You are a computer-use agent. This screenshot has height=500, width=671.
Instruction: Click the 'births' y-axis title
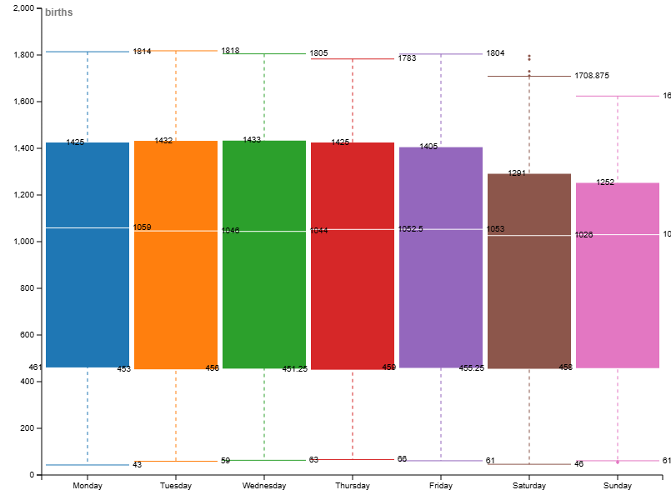(58, 12)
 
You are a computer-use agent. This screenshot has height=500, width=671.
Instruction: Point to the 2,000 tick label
(21, 8)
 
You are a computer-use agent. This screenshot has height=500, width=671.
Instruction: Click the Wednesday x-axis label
(264, 486)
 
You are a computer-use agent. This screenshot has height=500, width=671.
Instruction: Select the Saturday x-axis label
(529, 486)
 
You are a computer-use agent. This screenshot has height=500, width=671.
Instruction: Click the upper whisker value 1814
(142, 52)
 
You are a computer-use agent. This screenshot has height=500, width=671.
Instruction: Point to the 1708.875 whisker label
(591, 76)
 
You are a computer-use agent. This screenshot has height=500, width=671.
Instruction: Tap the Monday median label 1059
(142, 227)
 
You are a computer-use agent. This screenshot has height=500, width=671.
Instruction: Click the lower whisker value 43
(137, 465)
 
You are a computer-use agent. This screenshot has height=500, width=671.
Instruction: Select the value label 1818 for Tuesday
(230, 51)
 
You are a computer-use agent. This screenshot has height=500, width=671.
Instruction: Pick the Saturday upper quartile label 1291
(517, 173)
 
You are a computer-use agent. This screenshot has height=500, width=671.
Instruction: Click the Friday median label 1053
(495, 228)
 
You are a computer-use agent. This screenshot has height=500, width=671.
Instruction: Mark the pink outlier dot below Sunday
(618, 462)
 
